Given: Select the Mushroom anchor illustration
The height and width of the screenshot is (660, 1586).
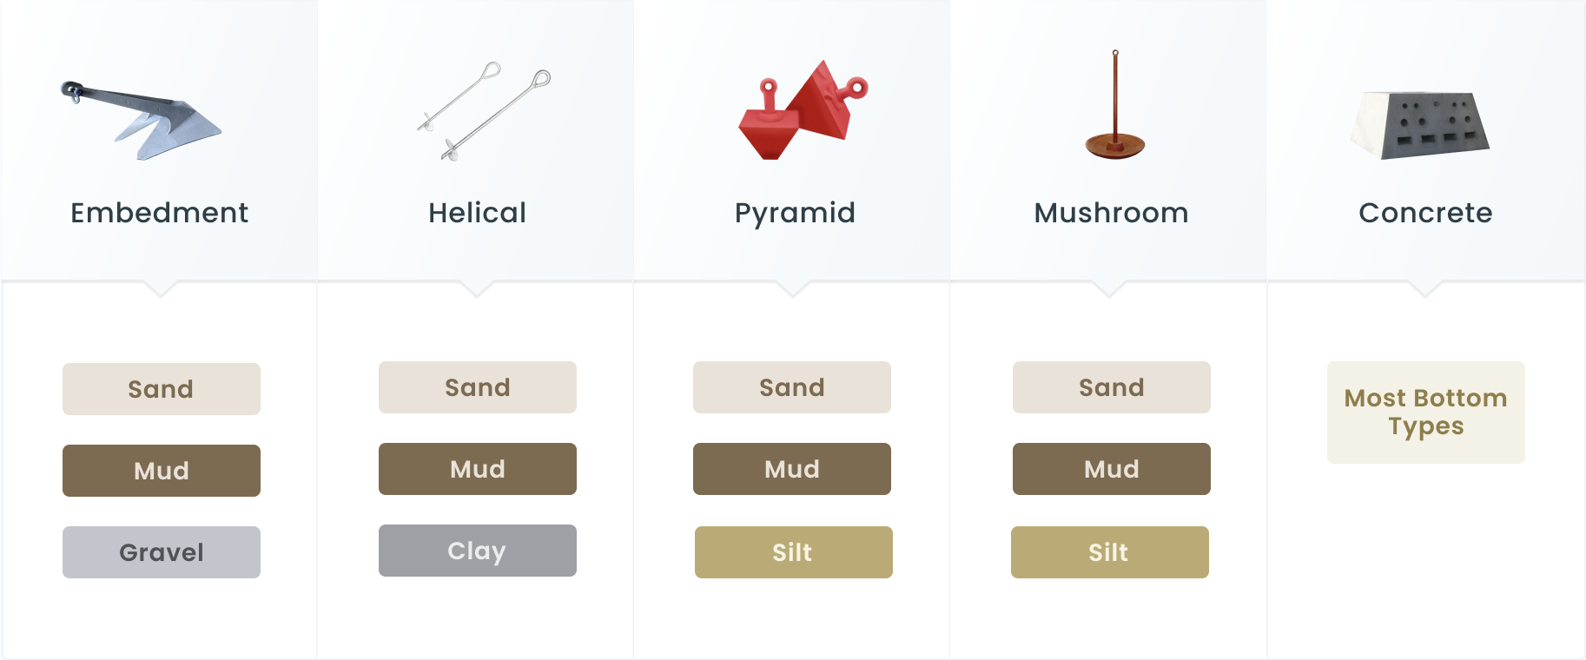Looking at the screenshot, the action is pyautogui.click(x=1115, y=106).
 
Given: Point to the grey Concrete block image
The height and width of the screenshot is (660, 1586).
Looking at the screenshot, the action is pyautogui.click(x=1420, y=124).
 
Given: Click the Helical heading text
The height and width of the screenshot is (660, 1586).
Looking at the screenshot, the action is pyautogui.click(x=477, y=213).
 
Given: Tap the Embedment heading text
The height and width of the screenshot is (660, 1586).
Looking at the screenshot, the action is pyautogui.click(x=160, y=213).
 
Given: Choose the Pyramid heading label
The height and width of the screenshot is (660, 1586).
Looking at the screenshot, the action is pyautogui.click(x=795, y=214).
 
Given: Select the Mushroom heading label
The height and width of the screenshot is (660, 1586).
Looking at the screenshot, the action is pyautogui.click(x=1111, y=213).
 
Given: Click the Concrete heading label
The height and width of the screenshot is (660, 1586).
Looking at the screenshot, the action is pyautogui.click(x=1425, y=213).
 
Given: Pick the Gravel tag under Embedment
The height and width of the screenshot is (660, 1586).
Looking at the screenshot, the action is pyautogui.click(x=162, y=552).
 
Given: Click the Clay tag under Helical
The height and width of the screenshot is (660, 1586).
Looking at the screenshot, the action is pyautogui.click(x=478, y=551).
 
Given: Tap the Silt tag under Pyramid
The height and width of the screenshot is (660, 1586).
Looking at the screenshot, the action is pyautogui.click(x=794, y=552).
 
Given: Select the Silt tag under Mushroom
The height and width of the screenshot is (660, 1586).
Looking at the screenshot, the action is pyautogui.click(x=1110, y=552).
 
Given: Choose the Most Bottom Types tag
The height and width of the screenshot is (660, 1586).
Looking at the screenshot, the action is pyautogui.click(x=1426, y=412).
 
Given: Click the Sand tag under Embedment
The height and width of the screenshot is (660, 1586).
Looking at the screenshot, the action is pyautogui.click(x=162, y=389).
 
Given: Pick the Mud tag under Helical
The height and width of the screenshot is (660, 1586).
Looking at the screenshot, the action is pyautogui.click(x=478, y=469).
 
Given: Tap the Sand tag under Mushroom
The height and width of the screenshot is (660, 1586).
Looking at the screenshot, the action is pyautogui.click(x=1112, y=387).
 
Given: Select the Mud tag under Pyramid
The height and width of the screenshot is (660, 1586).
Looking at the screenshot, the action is pyautogui.click(x=792, y=469).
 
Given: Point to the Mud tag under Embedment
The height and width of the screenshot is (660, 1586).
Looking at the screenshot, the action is pyautogui.click(x=162, y=471).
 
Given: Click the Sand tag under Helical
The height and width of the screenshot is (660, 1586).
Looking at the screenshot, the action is pyautogui.click(x=478, y=387).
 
